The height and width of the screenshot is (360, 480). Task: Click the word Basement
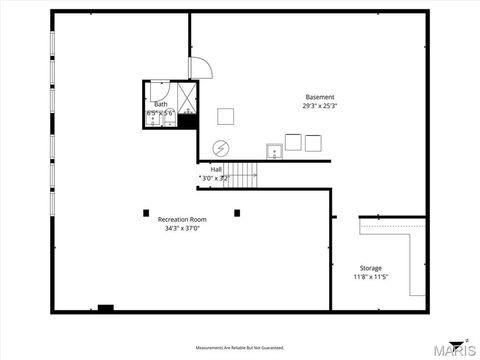click(320, 97)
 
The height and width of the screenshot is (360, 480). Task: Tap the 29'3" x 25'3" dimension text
click(320, 105)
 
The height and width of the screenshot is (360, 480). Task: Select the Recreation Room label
click(182, 219)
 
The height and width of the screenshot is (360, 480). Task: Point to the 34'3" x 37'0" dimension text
click(182, 228)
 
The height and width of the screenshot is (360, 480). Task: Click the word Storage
click(370, 268)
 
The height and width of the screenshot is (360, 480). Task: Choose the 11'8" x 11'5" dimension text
click(370, 277)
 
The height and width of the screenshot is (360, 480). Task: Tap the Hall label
click(216, 169)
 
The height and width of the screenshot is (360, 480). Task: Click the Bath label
click(160, 104)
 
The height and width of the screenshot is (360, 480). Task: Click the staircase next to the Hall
click(240, 174)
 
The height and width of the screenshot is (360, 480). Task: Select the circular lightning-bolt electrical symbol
click(219, 148)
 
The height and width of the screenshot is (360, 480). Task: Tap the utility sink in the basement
click(273, 151)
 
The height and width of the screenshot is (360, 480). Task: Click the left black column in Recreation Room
click(146, 212)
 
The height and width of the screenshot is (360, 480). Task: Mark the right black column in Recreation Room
click(237, 212)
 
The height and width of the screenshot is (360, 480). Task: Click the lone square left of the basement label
click(225, 116)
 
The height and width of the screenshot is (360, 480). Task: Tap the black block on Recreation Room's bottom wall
click(105, 308)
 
